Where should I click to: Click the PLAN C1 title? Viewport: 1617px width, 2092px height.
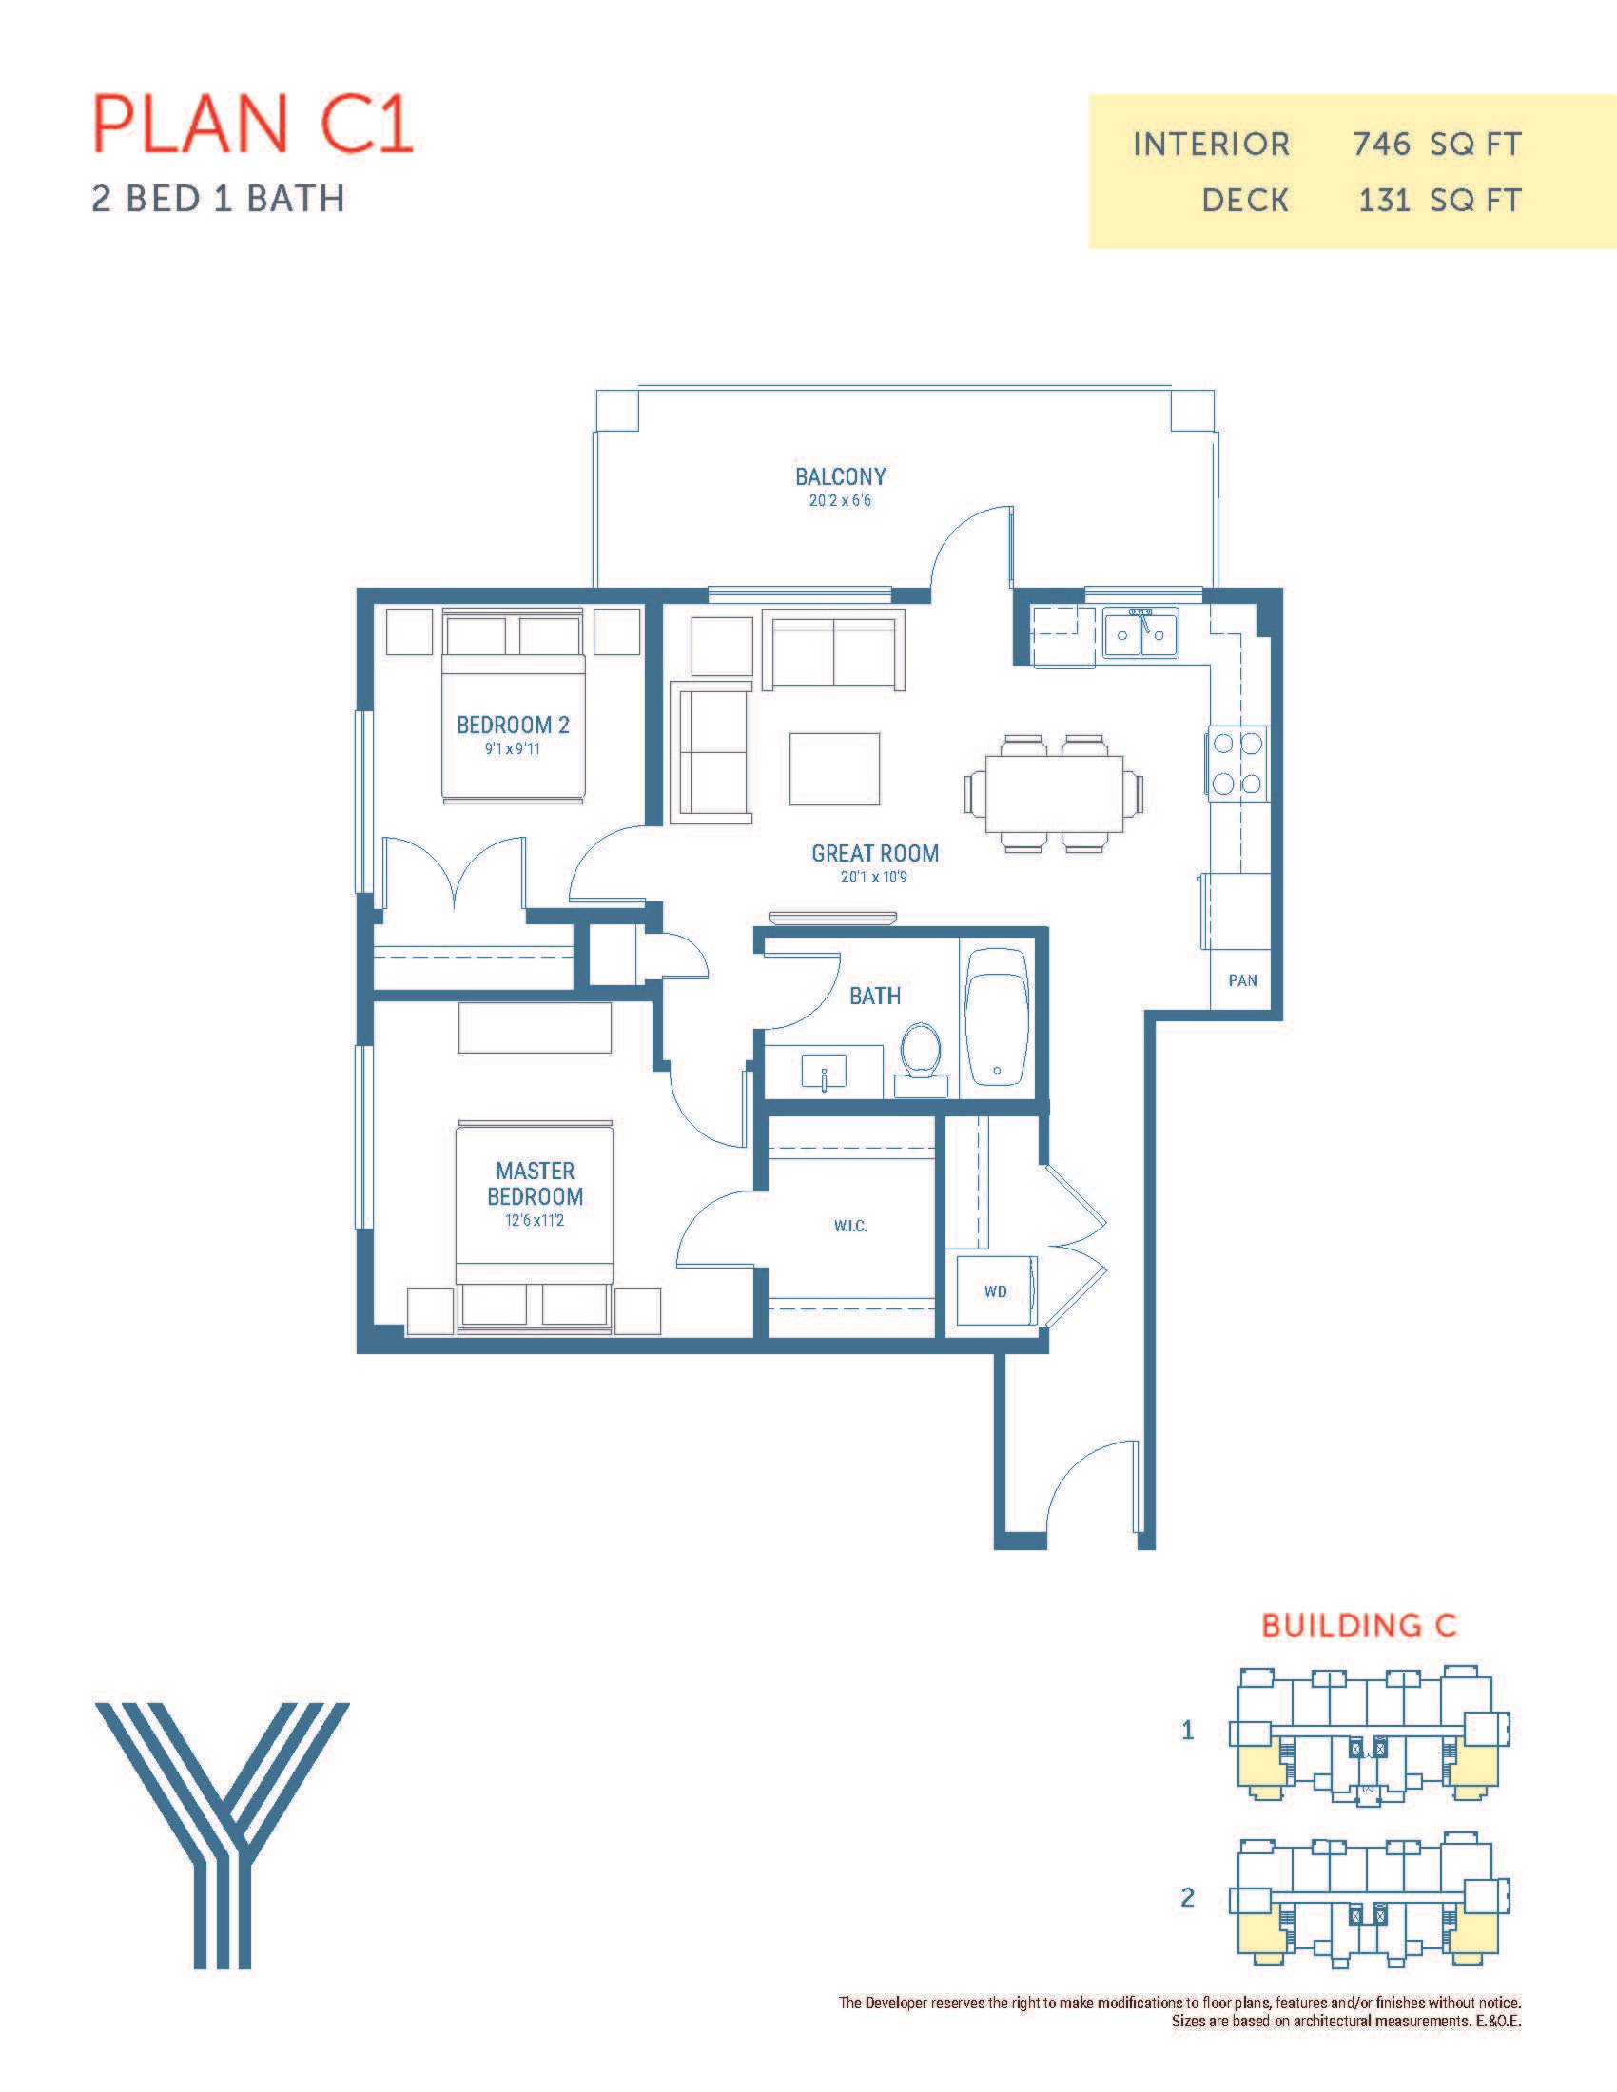point(253,125)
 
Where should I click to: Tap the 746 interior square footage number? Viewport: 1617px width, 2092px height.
point(1382,145)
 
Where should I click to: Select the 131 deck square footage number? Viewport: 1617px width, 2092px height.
point(1384,201)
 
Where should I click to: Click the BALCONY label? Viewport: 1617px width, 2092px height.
point(840,476)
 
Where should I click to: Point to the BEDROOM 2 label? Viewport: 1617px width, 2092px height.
point(513,726)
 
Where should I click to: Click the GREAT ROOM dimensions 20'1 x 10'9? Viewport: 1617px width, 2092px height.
point(873,877)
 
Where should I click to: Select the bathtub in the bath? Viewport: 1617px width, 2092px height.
point(997,1017)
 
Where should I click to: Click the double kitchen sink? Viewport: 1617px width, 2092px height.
point(1140,632)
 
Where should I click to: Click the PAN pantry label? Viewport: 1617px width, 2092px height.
point(1242,979)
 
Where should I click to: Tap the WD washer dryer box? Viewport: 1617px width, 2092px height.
point(996,1290)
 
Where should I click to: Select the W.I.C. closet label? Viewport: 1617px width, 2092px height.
point(849,1226)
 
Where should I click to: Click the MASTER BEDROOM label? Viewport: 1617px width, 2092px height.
point(535,1183)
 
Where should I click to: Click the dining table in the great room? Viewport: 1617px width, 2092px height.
point(1054,794)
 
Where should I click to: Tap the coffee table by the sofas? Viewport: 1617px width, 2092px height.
point(834,769)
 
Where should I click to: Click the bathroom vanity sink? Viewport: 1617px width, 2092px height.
point(823,1072)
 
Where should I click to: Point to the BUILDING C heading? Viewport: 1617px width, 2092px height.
point(1358,1625)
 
